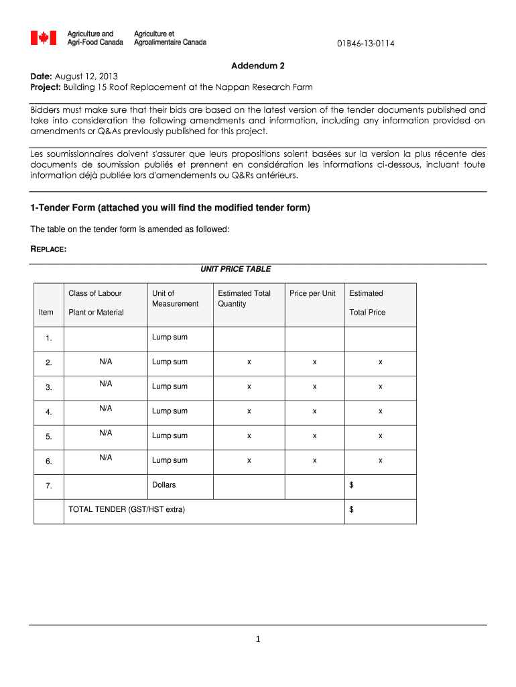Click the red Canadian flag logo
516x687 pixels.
[44, 38]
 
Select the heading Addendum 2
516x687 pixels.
[258, 66]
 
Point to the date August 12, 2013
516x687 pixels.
[85, 76]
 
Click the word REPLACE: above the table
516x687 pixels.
[48, 250]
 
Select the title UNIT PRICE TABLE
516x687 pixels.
[235, 269]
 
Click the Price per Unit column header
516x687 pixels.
[312, 293]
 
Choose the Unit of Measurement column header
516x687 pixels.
[175, 299]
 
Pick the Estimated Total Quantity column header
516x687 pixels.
[244, 299]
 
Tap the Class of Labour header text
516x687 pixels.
[95, 293]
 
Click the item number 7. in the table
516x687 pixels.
[49, 486]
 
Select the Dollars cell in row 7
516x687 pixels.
[164, 484]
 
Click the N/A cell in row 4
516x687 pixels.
[106, 408]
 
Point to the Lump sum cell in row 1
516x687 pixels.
[170, 337]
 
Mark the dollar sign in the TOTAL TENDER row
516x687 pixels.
[352, 509]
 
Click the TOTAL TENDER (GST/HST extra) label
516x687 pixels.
[127, 509]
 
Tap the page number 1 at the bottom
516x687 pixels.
[257, 639]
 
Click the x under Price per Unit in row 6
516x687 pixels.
[314, 460]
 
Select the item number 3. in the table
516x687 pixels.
[49, 388]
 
